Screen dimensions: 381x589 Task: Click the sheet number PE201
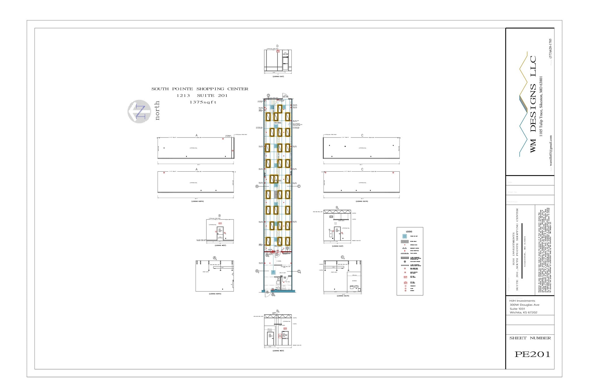click(532, 354)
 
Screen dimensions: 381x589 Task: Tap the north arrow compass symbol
click(139, 111)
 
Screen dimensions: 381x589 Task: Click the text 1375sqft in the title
click(203, 102)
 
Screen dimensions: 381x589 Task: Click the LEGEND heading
click(409, 231)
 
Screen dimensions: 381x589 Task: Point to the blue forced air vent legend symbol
click(405, 236)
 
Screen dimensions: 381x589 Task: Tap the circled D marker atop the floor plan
click(268, 95)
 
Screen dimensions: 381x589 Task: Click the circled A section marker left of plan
click(257, 186)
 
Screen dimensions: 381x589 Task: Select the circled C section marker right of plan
click(299, 186)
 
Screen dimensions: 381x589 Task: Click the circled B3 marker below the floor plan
click(273, 295)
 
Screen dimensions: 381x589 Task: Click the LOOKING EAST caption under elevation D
click(278, 76)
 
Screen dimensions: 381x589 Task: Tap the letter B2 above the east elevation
click(337, 208)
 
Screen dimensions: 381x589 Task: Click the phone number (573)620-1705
click(550, 49)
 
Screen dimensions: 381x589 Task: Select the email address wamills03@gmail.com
click(550, 153)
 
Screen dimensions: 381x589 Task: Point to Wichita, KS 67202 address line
click(523, 313)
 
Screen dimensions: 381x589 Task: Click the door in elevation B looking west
click(220, 233)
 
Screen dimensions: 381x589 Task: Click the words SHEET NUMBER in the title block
click(530, 338)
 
